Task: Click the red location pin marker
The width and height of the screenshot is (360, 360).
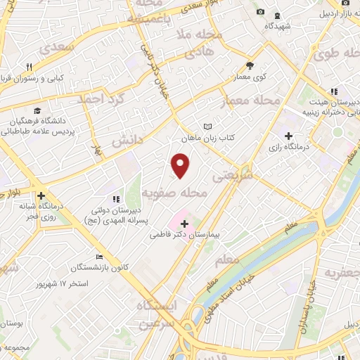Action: pyautogui.click(x=181, y=165)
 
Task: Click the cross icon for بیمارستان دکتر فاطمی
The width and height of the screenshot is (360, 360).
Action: pyautogui.click(x=185, y=222)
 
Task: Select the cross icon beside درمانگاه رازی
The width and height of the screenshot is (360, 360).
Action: pyautogui.click(x=288, y=136)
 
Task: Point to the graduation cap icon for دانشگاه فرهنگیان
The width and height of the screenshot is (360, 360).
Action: pyautogui.click(x=36, y=110)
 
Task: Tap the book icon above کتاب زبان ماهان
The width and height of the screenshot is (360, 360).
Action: pyautogui.click(x=206, y=126)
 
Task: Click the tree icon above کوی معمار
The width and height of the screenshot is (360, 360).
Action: pyautogui.click(x=250, y=65)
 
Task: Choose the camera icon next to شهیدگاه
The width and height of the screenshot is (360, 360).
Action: pyautogui.click(x=260, y=12)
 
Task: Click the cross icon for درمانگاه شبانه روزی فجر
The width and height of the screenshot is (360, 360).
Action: pyautogui.click(x=41, y=195)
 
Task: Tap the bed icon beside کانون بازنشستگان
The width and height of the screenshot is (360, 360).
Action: pyautogui.click(x=98, y=257)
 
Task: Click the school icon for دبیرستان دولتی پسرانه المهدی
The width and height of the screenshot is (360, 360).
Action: pyautogui.click(x=116, y=200)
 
